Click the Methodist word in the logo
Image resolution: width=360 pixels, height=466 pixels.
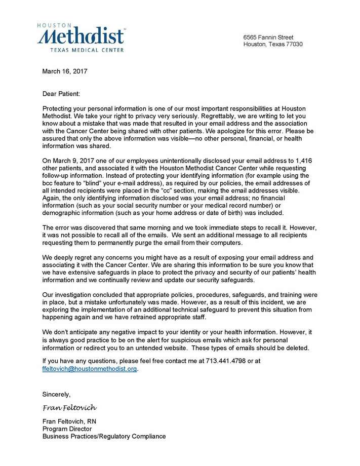pyautogui.click(x=81, y=36)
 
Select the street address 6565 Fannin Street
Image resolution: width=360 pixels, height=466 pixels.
pyautogui.click(x=268, y=37)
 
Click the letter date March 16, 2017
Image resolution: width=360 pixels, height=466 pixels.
pyautogui.click(x=65, y=71)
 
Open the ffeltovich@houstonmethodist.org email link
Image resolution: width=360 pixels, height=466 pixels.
pyautogui.click(x=90, y=369)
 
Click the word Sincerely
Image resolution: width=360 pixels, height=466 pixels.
pyautogui.click(x=57, y=394)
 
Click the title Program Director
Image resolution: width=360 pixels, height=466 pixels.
pyautogui.click(x=67, y=429)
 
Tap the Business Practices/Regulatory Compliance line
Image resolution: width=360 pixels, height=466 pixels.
pyautogui.click(x=104, y=436)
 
